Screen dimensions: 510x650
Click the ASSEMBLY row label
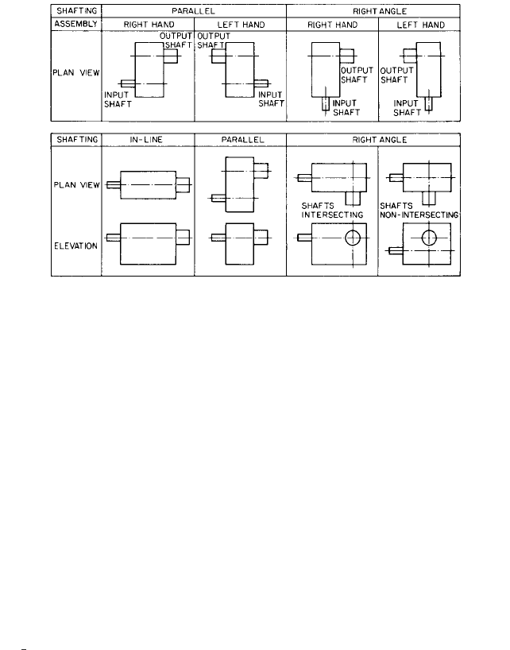click(x=75, y=24)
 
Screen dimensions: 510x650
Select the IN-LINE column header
click(x=146, y=140)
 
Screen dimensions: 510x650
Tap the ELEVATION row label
click(x=75, y=246)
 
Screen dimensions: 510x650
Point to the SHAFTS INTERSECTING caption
click(x=332, y=210)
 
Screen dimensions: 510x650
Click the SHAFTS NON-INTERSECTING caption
click(x=419, y=210)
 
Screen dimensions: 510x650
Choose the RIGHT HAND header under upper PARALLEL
click(x=149, y=25)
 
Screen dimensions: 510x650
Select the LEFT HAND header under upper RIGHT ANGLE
click(x=420, y=25)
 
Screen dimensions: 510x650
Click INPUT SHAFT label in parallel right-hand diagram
click(x=118, y=99)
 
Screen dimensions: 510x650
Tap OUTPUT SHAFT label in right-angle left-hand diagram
click(x=396, y=75)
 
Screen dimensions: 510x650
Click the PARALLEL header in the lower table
click(x=242, y=140)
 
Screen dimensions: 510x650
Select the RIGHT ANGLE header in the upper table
click(x=379, y=11)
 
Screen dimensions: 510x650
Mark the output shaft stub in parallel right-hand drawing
click(x=170, y=56)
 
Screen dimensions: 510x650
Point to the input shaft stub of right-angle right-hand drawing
click(x=326, y=103)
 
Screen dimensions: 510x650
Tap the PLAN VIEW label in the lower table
click(x=76, y=185)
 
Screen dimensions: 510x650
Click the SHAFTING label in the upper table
click(x=76, y=11)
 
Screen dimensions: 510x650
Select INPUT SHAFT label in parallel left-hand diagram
click(x=271, y=99)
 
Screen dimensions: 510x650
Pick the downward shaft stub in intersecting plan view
click(x=353, y=199)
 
